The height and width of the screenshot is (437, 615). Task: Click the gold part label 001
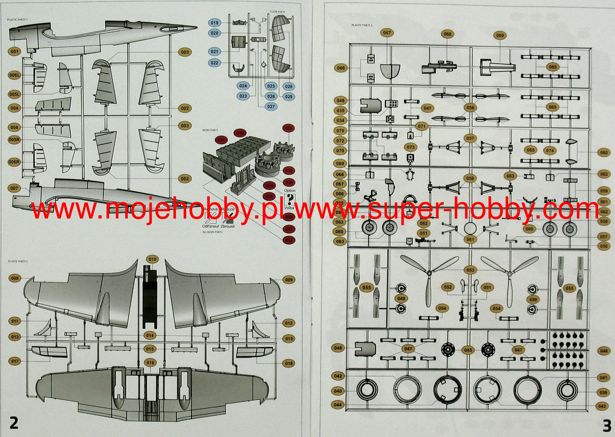tap(15, 52)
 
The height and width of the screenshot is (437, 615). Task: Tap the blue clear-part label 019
tap(215, 23)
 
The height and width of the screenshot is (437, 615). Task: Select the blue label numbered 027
tap(271, 107)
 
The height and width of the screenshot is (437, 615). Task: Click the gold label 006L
tap(15, 75)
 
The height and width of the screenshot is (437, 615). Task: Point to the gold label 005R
tap(15, 140)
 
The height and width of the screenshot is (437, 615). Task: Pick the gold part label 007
tap(14, 188)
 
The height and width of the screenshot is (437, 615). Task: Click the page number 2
tap(14, 423)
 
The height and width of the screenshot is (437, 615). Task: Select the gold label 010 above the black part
tap(153, 259)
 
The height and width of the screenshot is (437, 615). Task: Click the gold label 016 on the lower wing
tap(150, 363)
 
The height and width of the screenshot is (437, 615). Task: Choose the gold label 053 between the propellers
tap(470, 270)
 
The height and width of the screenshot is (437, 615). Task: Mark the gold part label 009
tap(289, 280)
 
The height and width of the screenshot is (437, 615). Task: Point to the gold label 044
tap(338, 405)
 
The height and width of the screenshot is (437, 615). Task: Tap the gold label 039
tap(603, 393)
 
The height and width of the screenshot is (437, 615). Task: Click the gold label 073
tap(411, 147)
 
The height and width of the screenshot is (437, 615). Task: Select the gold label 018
tap(289, 363)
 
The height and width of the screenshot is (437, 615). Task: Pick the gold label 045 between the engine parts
tap(468, 350)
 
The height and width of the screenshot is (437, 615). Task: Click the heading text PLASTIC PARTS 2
tap(18, 261)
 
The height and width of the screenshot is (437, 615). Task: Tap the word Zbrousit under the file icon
tap(228, 226)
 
